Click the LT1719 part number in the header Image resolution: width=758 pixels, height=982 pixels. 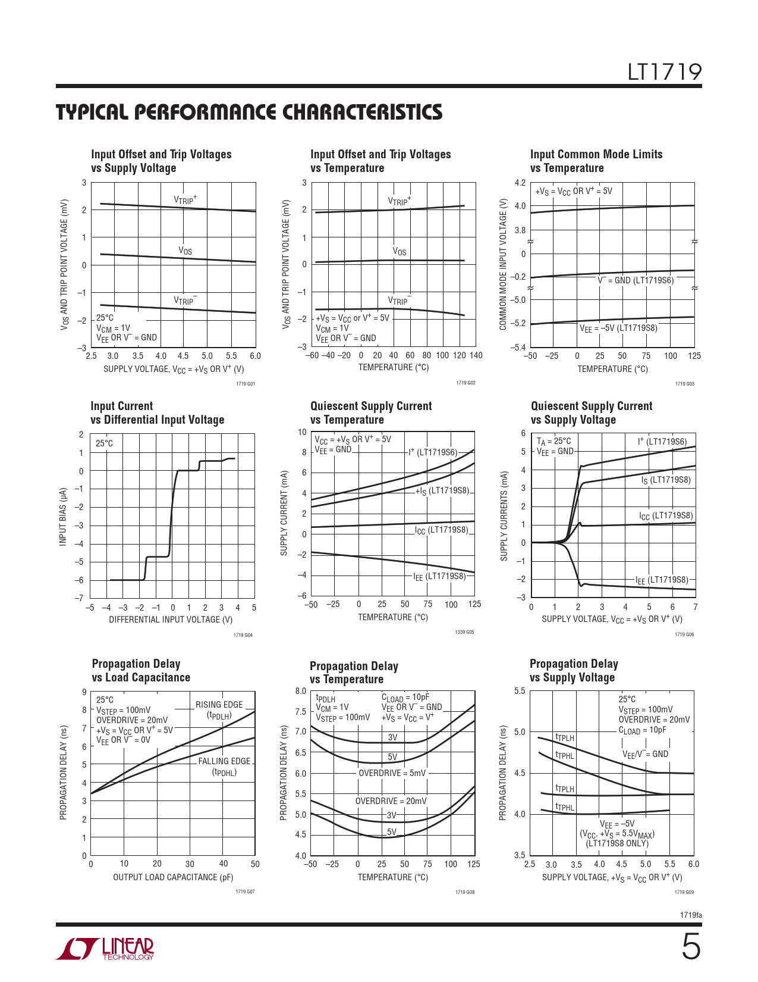coord(665,72)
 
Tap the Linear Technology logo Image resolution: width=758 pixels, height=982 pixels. coord(105,949)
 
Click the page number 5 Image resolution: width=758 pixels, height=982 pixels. coord(690,947)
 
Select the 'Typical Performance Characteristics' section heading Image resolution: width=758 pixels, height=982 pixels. coord(249,112)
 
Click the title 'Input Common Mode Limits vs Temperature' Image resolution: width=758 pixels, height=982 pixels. coord(596,161)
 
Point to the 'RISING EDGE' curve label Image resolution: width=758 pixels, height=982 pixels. coord(219,705)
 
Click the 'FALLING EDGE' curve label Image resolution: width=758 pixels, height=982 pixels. coord(224,761)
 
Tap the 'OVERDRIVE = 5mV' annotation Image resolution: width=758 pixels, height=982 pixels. coord(392,773)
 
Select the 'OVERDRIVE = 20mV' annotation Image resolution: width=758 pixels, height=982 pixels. coord(391,801)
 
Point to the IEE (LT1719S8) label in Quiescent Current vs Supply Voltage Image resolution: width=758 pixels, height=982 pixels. coord(662,580)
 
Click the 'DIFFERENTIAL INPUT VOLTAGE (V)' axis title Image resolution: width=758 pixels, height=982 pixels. coord(171,620)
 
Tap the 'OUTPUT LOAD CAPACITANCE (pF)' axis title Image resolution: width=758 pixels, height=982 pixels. coord(173,877)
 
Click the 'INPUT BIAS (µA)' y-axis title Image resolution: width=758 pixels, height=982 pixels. coord(62,517)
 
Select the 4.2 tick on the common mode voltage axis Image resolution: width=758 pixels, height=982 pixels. coord(520,183)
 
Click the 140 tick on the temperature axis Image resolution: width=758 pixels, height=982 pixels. coord(476,355)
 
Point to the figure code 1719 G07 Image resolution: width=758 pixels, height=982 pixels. coord(245,892)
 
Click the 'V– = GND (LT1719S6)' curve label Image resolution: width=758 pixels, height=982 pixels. coord(636,280)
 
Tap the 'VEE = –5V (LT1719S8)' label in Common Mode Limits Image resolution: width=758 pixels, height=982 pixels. coord(618,328)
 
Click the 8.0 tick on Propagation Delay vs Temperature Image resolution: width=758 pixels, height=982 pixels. coord(300,691)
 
